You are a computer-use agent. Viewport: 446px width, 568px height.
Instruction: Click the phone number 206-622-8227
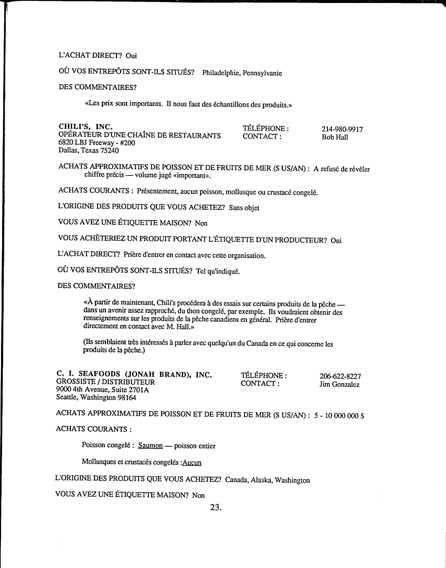tap(340, 376)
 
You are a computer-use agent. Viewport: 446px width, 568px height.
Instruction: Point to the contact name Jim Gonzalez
tap(339, 384)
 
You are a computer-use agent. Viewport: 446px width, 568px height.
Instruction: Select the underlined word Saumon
tap(150, 446)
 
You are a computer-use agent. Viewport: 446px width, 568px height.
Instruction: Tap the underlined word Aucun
tap(192, 463)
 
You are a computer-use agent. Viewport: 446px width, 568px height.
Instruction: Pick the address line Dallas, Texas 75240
tap(89, 150)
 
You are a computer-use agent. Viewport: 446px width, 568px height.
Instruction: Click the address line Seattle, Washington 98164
tap(96, 397)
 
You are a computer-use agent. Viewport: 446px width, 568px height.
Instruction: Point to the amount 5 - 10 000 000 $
tap(339, 416)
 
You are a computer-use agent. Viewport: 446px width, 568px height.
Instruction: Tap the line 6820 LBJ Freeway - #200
tap(97, 143)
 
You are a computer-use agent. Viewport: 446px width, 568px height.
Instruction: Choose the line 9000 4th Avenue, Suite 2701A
tap(102, 390)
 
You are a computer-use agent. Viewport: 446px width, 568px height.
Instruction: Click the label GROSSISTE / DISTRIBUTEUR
tap(105, 382)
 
